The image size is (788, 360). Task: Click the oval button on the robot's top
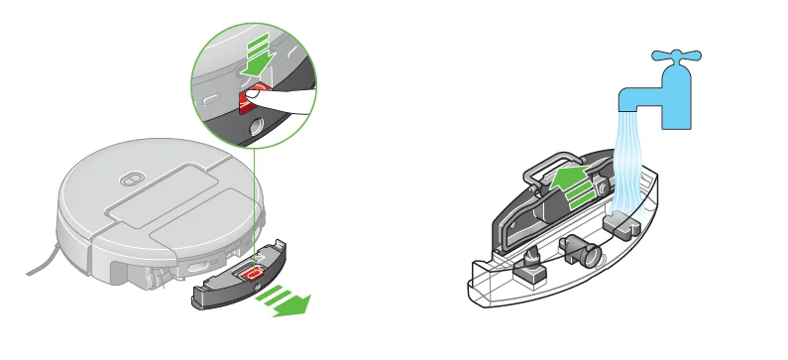(127, 180)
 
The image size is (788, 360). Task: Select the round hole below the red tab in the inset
(256, 125)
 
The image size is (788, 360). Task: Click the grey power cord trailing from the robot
(41, 262)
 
